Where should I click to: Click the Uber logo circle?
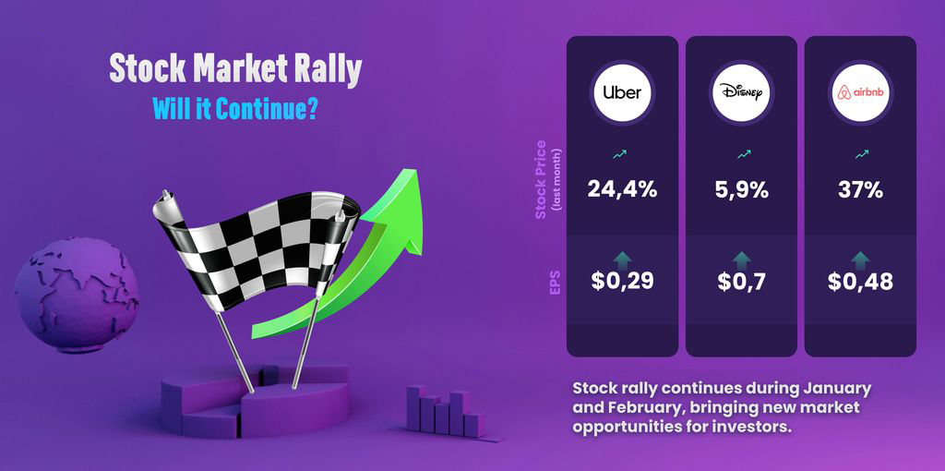click(622, 93)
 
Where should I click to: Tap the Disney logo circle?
click(741, 93)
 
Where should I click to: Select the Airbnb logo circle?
click(860, 93)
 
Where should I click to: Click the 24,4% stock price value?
click(622, 190)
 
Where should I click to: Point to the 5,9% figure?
click(741, 190)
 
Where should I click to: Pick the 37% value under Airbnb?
click(860, 190)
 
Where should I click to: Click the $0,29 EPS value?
click(622, 281)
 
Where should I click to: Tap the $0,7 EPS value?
click(741, 281)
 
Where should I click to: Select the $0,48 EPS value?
click(860, 281)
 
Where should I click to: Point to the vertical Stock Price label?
click(541, 179)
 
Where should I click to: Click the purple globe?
click(77, 294)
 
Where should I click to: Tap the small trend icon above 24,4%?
click(619, 155)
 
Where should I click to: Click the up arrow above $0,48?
click(860, 260)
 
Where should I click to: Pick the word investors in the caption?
click(750, 428)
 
